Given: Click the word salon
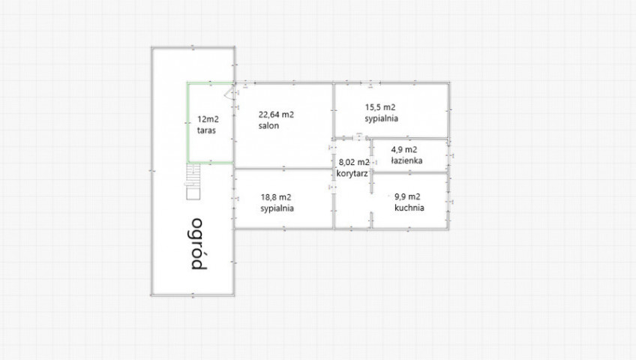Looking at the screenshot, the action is click(268, 126).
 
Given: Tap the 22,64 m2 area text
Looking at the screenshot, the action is click(276, 115).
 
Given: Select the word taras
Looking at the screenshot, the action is click(206, 130).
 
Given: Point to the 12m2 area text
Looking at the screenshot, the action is click(208, 119).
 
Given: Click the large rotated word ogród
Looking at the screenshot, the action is click(196, 244).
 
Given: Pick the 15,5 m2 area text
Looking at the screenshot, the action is click(380, 107).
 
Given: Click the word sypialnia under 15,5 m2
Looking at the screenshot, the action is click(381, 118).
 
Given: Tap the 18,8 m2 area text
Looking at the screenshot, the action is click(276, 197).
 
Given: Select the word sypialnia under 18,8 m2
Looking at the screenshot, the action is click(277, 208).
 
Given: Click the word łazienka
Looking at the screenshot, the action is click(406, 160).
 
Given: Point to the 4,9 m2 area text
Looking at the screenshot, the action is click(404, 149).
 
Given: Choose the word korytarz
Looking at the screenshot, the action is click(352, 173).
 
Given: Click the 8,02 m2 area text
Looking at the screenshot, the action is click(354, 163).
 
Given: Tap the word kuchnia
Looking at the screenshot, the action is click(409, 208).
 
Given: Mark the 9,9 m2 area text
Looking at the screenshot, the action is click(407, 197).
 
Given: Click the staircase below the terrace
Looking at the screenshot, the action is click(193, 181).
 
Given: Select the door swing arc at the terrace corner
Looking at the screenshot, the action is click(229, 94).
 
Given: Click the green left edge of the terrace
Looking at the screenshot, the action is click(187, 123).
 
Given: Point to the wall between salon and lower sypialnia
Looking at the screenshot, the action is click(284, 169).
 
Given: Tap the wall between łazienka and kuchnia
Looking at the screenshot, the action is click(410, 173).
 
